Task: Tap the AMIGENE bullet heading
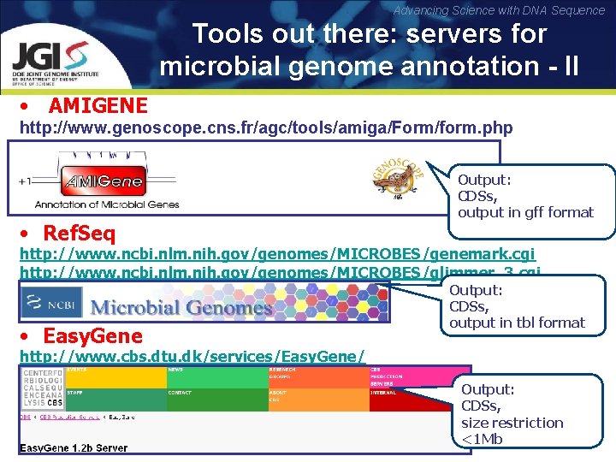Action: (98, 106)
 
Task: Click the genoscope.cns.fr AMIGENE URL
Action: (266, 128)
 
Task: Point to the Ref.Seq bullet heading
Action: (79, 233)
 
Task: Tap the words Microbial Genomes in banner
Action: (181, 306)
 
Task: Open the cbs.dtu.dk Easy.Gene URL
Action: (192, 355)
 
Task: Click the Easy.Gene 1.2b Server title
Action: (75, 447)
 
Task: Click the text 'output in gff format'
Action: (525, 212)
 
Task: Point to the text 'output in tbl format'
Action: (517, 323)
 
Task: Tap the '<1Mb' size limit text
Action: (482, 439)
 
